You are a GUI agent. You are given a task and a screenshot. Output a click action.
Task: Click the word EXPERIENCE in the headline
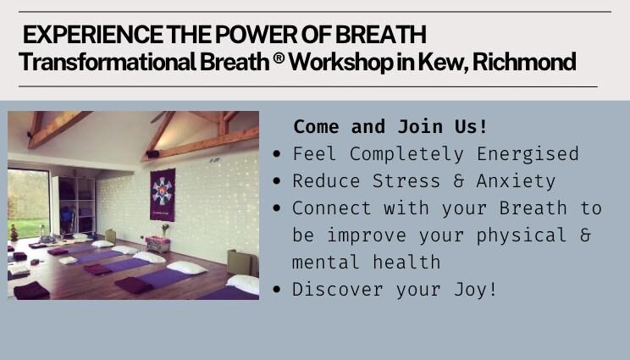tap(93, 35)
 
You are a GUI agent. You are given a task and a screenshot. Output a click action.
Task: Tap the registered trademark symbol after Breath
tap(279, 58)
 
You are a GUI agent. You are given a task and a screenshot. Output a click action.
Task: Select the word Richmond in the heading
tap(524, 62)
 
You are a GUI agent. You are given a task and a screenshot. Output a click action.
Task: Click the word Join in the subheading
tap(420, 126)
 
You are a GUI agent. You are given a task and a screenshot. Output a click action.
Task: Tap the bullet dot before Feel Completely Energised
tap(276, 154)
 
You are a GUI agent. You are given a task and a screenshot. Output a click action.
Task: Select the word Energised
tap(528, 154)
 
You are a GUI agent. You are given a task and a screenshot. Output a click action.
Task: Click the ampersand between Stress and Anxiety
tap(458, 180)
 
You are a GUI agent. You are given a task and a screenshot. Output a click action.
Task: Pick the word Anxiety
tap(516, 181)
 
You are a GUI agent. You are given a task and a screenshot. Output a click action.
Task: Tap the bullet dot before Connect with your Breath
tap(276, 208)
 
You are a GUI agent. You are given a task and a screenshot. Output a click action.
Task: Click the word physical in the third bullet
tap(521, 235)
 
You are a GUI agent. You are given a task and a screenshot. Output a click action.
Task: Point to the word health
tap(406, 263)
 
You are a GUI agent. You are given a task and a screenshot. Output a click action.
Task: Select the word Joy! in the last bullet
tap(475, 290)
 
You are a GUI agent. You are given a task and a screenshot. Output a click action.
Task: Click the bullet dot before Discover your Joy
tap(276, 290)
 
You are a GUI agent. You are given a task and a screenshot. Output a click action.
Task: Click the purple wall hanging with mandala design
tap(163, 195)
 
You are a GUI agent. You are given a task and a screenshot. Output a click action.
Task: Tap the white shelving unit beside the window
tap(75, 205)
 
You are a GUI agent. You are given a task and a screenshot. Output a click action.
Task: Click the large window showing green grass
tap(28, 203)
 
